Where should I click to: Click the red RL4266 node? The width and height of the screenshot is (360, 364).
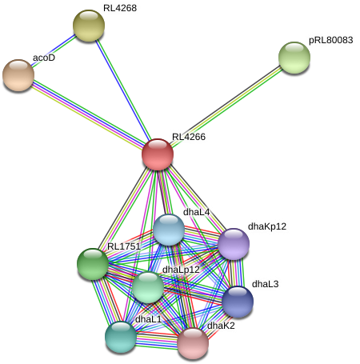tap(158, 154)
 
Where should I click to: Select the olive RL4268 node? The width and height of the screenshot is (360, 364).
tap(89, 25)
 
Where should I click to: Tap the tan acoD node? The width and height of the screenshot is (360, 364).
tap(18, 74)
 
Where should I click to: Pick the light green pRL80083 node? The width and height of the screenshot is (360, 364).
tap(294, 57)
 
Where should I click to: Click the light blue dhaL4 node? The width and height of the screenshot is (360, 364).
tap(169, 230)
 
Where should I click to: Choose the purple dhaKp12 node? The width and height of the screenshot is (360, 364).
tap(234, 244)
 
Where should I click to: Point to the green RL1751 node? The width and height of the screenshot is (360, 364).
tap(93, 263)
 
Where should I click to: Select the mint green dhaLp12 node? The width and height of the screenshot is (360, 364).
tap(148, 286)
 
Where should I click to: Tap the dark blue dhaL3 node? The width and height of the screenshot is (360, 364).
tap(238, 302)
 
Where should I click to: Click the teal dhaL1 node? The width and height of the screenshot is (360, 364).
tap(121, 336)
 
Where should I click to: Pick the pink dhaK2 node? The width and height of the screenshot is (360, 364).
tap(193, 342)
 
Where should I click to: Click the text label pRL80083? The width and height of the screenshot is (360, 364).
tap(330, 39)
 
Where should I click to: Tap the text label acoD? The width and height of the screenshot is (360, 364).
tap(43, 58)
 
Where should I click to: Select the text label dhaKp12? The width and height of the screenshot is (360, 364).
tap(266, 226)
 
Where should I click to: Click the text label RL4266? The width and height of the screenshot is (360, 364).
tap(189, 137)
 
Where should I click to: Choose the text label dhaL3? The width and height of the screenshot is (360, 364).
tap(265, 284)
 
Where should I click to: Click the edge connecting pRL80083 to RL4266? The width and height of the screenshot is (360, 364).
tap(226, 105)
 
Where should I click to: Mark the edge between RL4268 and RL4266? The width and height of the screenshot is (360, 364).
tap(124, 90)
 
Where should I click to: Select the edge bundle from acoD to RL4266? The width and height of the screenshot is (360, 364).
tap(88, 114)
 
